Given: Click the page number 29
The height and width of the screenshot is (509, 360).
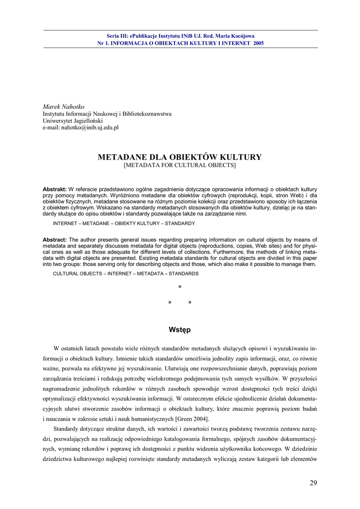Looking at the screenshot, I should click(313, 483).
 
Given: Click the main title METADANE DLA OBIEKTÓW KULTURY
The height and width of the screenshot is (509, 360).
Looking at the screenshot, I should click(180, 157).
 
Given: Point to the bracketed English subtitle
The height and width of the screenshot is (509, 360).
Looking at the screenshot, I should click(180, 165).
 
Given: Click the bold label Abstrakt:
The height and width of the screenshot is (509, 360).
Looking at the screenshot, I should click(55, 189).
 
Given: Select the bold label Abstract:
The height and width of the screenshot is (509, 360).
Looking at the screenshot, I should click(55, 240).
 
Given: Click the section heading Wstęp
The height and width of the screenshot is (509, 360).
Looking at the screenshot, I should click(180, 330).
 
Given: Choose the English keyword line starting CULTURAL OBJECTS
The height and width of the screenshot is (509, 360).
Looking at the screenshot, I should click(125, 273).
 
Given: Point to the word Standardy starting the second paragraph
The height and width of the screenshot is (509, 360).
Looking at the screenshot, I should click(69, 429).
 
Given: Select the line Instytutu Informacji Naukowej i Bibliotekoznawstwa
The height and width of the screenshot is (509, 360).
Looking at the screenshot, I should click(107, 114).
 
